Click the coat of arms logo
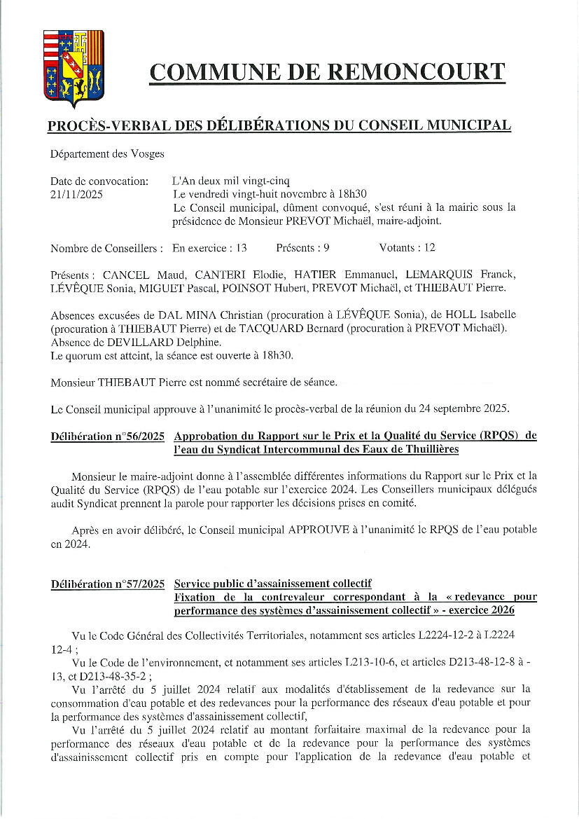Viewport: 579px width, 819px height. click(x=73, y=68)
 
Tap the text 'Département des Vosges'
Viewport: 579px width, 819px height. click(x=107, y=154)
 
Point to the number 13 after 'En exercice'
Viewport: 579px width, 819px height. click(x=242, y=248)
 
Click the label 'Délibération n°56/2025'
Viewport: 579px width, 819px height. click(x=108, y=436)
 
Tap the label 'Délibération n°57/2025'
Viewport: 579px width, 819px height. click(x=108, y=584)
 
